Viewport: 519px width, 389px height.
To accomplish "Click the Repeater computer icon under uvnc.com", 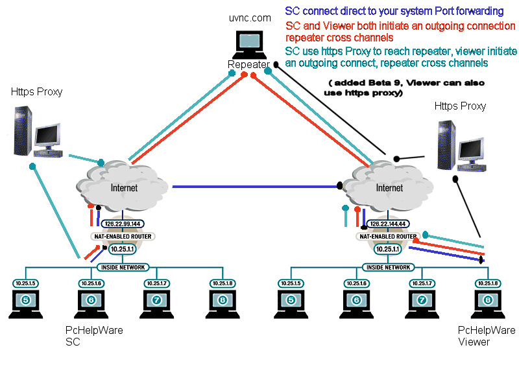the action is (250, 44).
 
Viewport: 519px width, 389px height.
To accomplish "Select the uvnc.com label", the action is (250, 18).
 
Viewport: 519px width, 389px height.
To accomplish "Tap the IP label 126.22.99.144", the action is (123, 224).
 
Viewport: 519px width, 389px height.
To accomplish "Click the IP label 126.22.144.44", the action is (388, 224).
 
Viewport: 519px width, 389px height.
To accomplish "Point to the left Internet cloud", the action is (122, 186).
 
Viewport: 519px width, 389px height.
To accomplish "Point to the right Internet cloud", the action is (387, 186).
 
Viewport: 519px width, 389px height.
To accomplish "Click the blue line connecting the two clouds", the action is (255, 187).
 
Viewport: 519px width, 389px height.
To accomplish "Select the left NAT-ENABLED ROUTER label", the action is (123, 237).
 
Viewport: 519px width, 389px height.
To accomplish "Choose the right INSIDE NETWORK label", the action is (388, 267).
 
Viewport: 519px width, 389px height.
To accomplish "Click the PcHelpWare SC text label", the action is (94, 336).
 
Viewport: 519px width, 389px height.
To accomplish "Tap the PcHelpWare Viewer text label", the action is (486, 336).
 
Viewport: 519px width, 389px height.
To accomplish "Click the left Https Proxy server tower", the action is (23, 131).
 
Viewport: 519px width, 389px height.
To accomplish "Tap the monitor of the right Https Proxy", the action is (471, 149).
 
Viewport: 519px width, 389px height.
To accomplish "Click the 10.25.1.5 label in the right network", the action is (291, 283).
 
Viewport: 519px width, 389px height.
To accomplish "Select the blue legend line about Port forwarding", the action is (394, 11).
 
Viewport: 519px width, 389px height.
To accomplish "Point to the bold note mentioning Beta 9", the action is (404, 88).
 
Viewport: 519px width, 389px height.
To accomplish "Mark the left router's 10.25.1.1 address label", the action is (123, 249).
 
